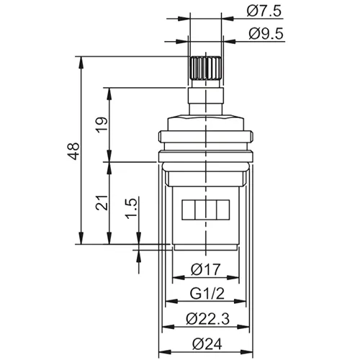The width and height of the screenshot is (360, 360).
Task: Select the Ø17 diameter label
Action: pos(206,271)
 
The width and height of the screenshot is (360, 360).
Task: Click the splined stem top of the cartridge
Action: pos(206,71)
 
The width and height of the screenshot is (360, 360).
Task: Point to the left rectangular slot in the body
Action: pos(191,210)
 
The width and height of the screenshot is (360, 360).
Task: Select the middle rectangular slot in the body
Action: pos(206,210)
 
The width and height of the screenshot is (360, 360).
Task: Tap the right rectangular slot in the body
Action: pos(221,210)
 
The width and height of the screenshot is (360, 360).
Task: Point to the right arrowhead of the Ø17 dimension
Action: pos(237,281)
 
